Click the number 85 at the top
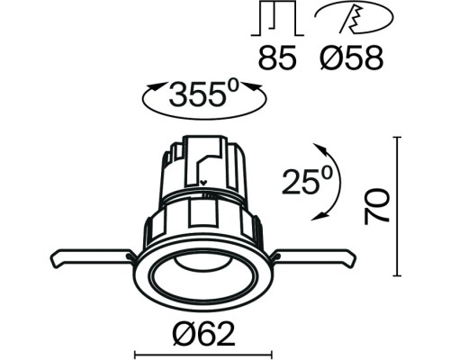coord(275,59)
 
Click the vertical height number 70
coord(381,208)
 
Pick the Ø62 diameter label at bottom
coord(203,334)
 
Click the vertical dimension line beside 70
coord(398,207)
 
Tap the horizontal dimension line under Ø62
coord(203,352)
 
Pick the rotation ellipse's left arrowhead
coord(149,92)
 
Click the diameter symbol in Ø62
coord(183,334)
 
